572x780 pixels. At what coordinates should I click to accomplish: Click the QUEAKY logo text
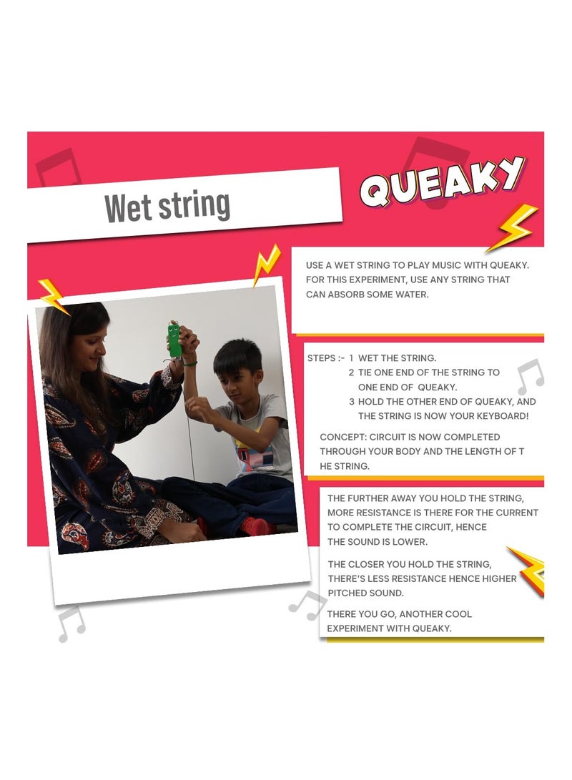(x=442, y=181)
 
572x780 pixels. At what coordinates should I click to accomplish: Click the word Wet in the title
(x=128, y=208)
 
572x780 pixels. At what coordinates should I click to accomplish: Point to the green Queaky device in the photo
(x=174, y=340)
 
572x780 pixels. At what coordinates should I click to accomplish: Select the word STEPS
(x=321, y=358)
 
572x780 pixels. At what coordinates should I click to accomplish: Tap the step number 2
(x=351, y=372)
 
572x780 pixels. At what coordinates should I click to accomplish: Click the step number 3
(x=351, y=402)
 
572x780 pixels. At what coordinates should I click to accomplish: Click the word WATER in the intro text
(x=411, y=295)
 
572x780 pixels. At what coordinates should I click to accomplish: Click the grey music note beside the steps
(x=531, y=376)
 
